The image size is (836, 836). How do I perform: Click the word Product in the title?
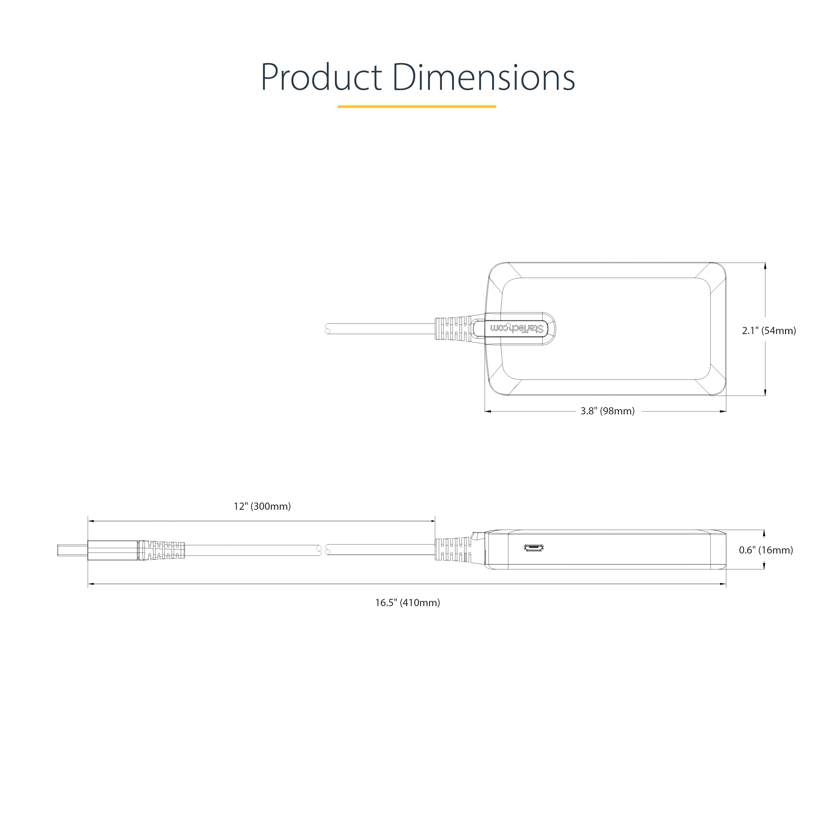pos(321,78)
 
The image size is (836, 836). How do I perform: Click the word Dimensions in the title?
pos(484,78)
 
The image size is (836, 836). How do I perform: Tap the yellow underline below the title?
pos(417,106)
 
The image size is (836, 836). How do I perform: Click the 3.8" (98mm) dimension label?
pos(607,411)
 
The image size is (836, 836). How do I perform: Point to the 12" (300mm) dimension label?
pos(262,506)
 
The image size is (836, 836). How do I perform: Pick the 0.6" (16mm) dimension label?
pos(766,550)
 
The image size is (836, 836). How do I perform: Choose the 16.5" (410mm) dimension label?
pos(408,603)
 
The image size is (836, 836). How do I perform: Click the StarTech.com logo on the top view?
pos(517,329)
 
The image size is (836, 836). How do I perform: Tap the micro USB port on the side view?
pos(534,548)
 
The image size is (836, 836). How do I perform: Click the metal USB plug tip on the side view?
pos(72,550)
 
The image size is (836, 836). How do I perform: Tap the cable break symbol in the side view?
pos(323,550)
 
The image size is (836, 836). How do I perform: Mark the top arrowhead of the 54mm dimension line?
pos(765,266)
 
